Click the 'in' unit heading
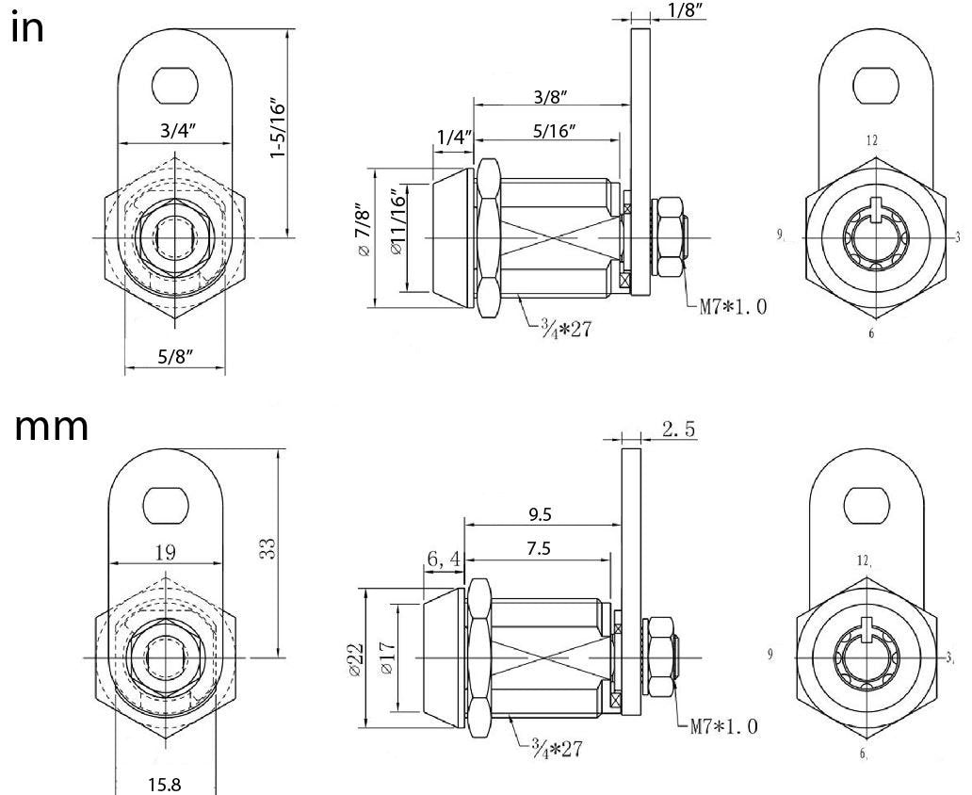point(27,27)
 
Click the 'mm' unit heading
point(53,427)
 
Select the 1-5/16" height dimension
point(277,126)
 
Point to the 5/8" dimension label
point(174,356)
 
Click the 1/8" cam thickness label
point(686,10)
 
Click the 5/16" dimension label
point(554,131)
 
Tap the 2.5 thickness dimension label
point(678,430)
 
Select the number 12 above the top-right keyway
point(872,140)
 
